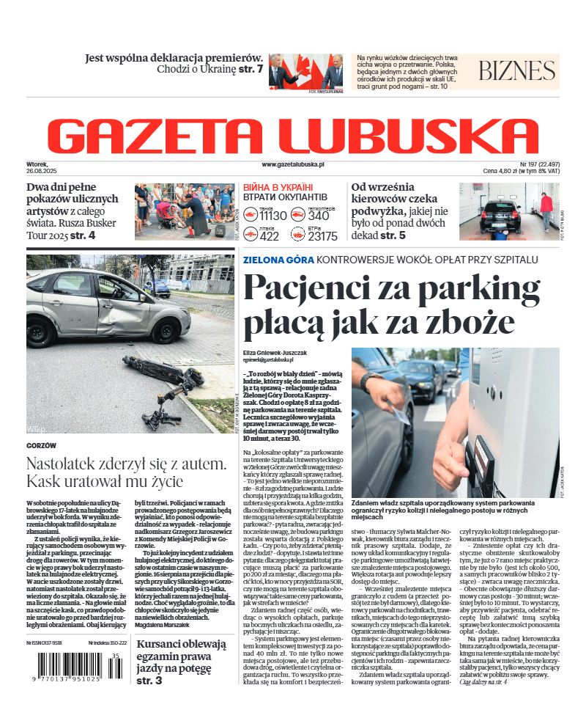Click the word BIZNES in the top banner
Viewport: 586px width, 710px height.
[x=517, y=71]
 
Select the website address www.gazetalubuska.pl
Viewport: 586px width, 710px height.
[x=292, y=166]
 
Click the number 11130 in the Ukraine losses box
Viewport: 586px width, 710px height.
[x=273, y=216]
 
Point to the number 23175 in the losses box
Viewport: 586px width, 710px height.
[x=323, y=236]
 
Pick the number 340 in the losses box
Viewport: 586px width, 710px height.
[x=319, y=216]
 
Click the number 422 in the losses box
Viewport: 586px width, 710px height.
[x=270, y=236]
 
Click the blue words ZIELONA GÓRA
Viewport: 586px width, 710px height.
[x=279, y=260]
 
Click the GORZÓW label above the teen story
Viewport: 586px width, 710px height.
[x=41, y=445]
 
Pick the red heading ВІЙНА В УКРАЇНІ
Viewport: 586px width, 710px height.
[x=278, y=188]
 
